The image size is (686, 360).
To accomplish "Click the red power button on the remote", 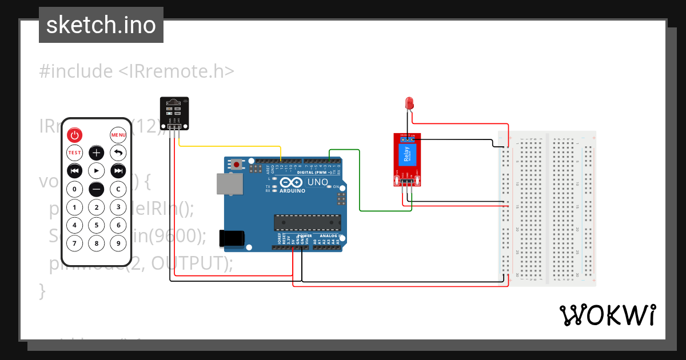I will point(75,135).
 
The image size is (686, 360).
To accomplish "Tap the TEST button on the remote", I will point(75,153).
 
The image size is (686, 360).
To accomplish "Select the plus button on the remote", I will point(97,153).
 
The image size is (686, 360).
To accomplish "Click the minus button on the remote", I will point(97,189).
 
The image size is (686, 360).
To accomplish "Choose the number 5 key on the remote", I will point(97,225).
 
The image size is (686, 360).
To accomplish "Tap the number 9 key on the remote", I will point(118,243).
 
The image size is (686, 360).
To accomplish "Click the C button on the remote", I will point(118,189).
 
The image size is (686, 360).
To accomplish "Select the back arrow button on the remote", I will point(118,153).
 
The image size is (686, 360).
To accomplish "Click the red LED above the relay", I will point(409,103).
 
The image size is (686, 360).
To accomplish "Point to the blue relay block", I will point(406,155).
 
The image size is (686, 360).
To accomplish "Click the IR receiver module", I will point(173,112).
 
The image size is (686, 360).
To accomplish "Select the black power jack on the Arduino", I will point(232,238).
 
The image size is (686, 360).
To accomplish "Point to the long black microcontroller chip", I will point(307,223).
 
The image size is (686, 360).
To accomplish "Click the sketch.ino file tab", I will point(101,25).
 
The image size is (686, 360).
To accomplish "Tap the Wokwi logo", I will point(607,315).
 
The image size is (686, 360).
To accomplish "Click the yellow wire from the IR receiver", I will point(229,147).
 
